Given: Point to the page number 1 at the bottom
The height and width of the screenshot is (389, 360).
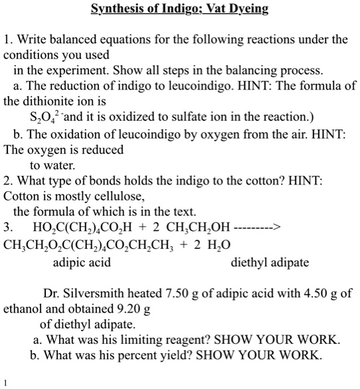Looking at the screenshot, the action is [x=5, y=383].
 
